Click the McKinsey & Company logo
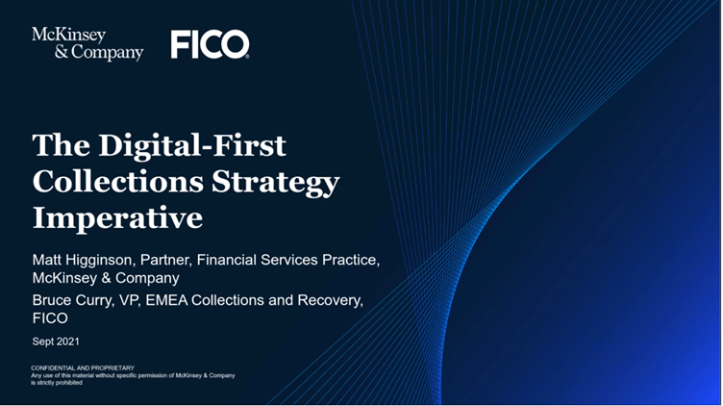pos(87,44)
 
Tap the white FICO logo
pos(211,45)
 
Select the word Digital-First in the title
pos(192,145)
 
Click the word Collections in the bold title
pos(118,181)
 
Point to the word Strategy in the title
pos(276,183)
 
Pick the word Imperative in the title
pos(117,218)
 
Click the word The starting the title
pos(62,145)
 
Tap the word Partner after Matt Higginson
pos(165,260)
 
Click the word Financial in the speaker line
pos(226,260)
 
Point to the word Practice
pos(351,260)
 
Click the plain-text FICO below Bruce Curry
pos(50,318)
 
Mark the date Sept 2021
pos(56,342)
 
